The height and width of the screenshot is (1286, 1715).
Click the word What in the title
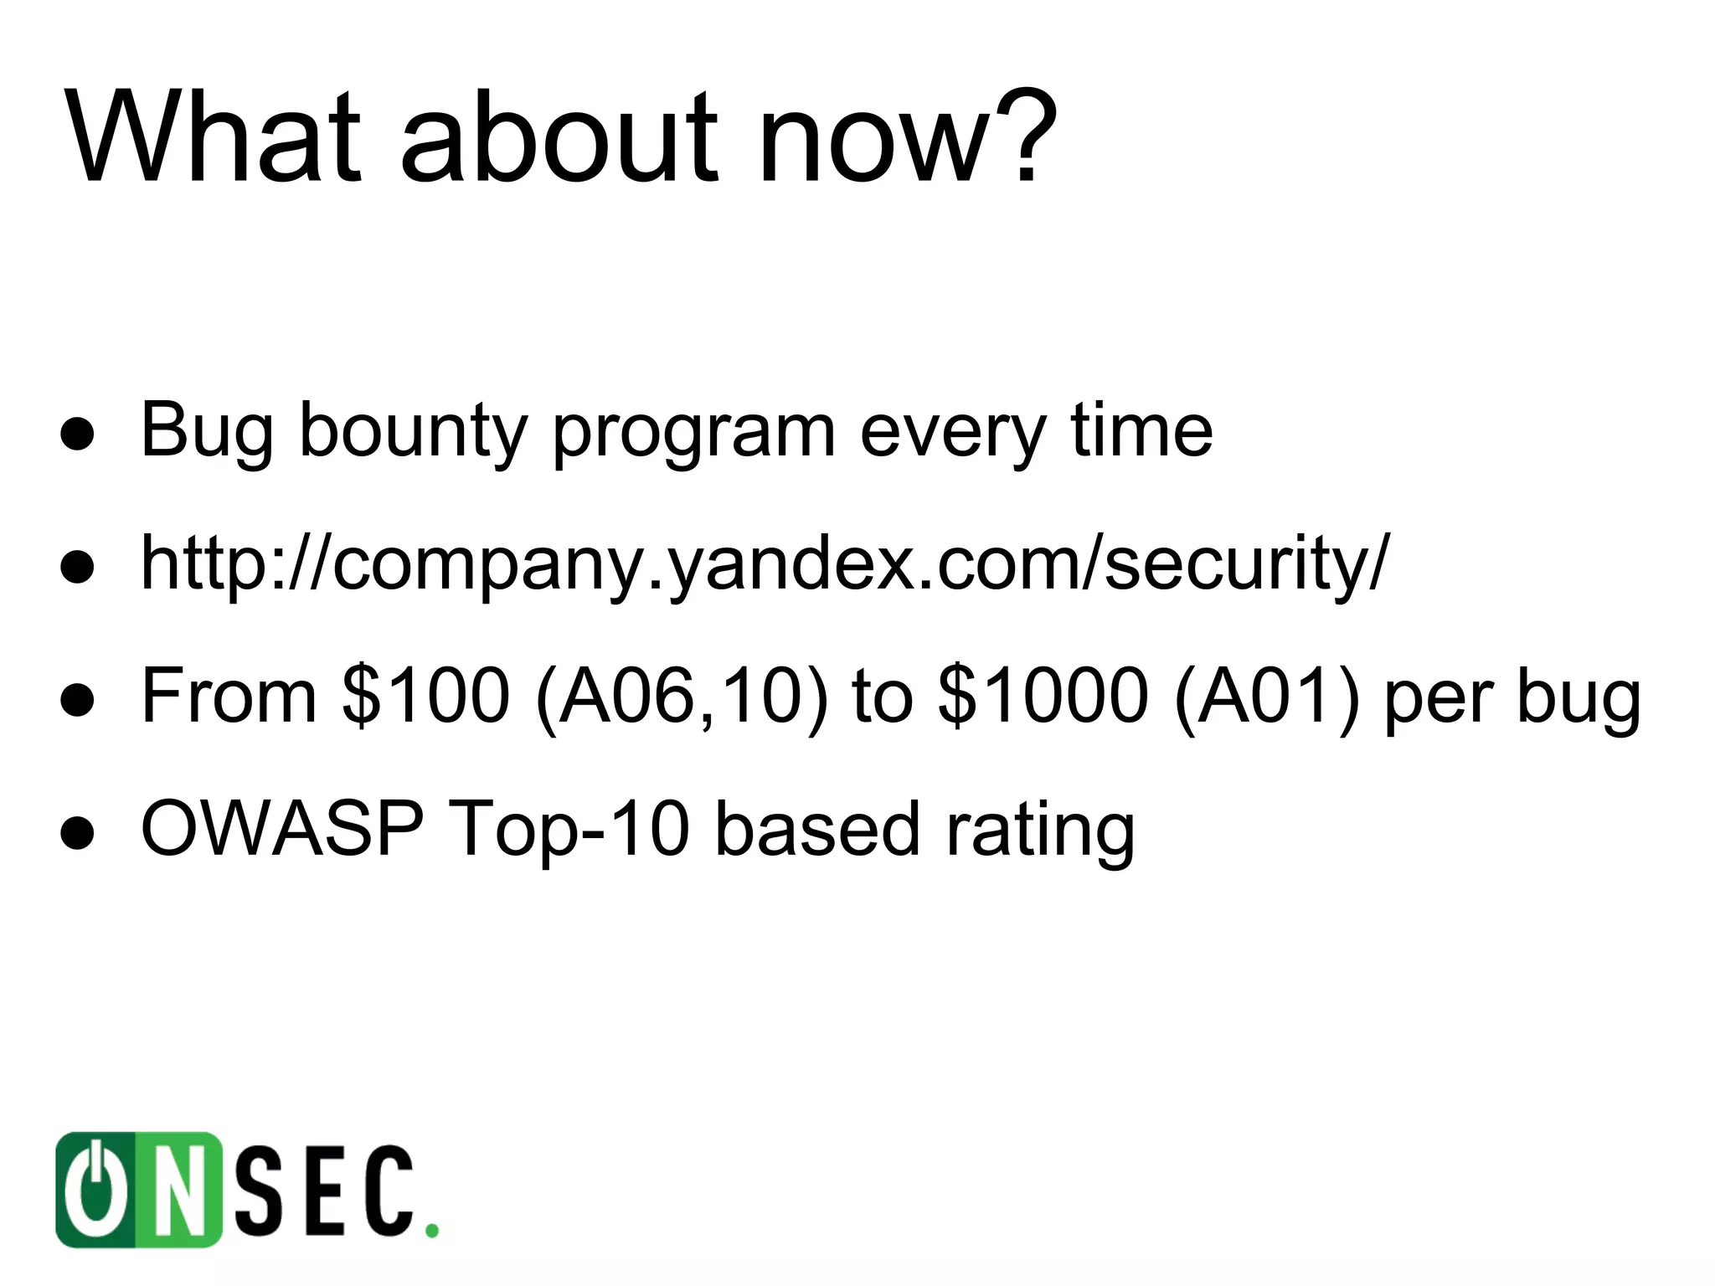(214, 138)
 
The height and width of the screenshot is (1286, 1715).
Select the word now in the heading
(871, 142)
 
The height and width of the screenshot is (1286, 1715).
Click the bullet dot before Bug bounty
(76, 433)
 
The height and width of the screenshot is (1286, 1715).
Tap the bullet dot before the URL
(76, 566)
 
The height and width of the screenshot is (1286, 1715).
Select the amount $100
(425, 695)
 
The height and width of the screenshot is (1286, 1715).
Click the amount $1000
(1043, 695)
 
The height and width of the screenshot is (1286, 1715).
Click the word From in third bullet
(229, 695)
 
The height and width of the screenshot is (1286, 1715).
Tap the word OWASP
(282, 829)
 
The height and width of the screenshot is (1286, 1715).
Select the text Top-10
(569, 829)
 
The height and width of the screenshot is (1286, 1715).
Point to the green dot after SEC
(431, 1230)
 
